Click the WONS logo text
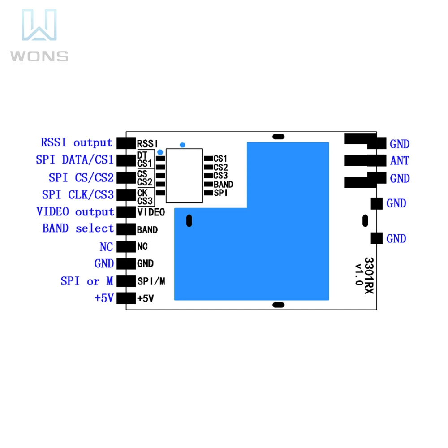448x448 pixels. point(39,56)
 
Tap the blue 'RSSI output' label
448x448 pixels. point(77,142)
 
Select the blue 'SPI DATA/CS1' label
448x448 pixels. point(75,160)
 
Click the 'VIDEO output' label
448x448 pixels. point(75,212)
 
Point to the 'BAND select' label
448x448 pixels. point(78,228)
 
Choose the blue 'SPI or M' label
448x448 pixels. point(87,281)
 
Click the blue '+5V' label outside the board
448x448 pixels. point(104,298)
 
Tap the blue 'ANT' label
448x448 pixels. point(400,160)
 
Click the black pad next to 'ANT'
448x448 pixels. point(365,160)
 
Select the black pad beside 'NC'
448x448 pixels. point(126,246)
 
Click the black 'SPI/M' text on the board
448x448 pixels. point(151,281)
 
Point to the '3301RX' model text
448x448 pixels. point(369,276)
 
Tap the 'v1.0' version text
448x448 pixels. point(359,275)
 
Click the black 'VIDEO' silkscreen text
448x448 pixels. point(151,212)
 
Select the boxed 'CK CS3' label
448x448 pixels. point(146,197)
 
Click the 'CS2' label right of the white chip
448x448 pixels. point(220,167)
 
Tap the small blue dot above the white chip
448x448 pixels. point(183,145)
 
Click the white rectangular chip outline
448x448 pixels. point(184,176)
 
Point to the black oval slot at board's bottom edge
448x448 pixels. point(278,305)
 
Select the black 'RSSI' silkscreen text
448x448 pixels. point(147,144)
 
